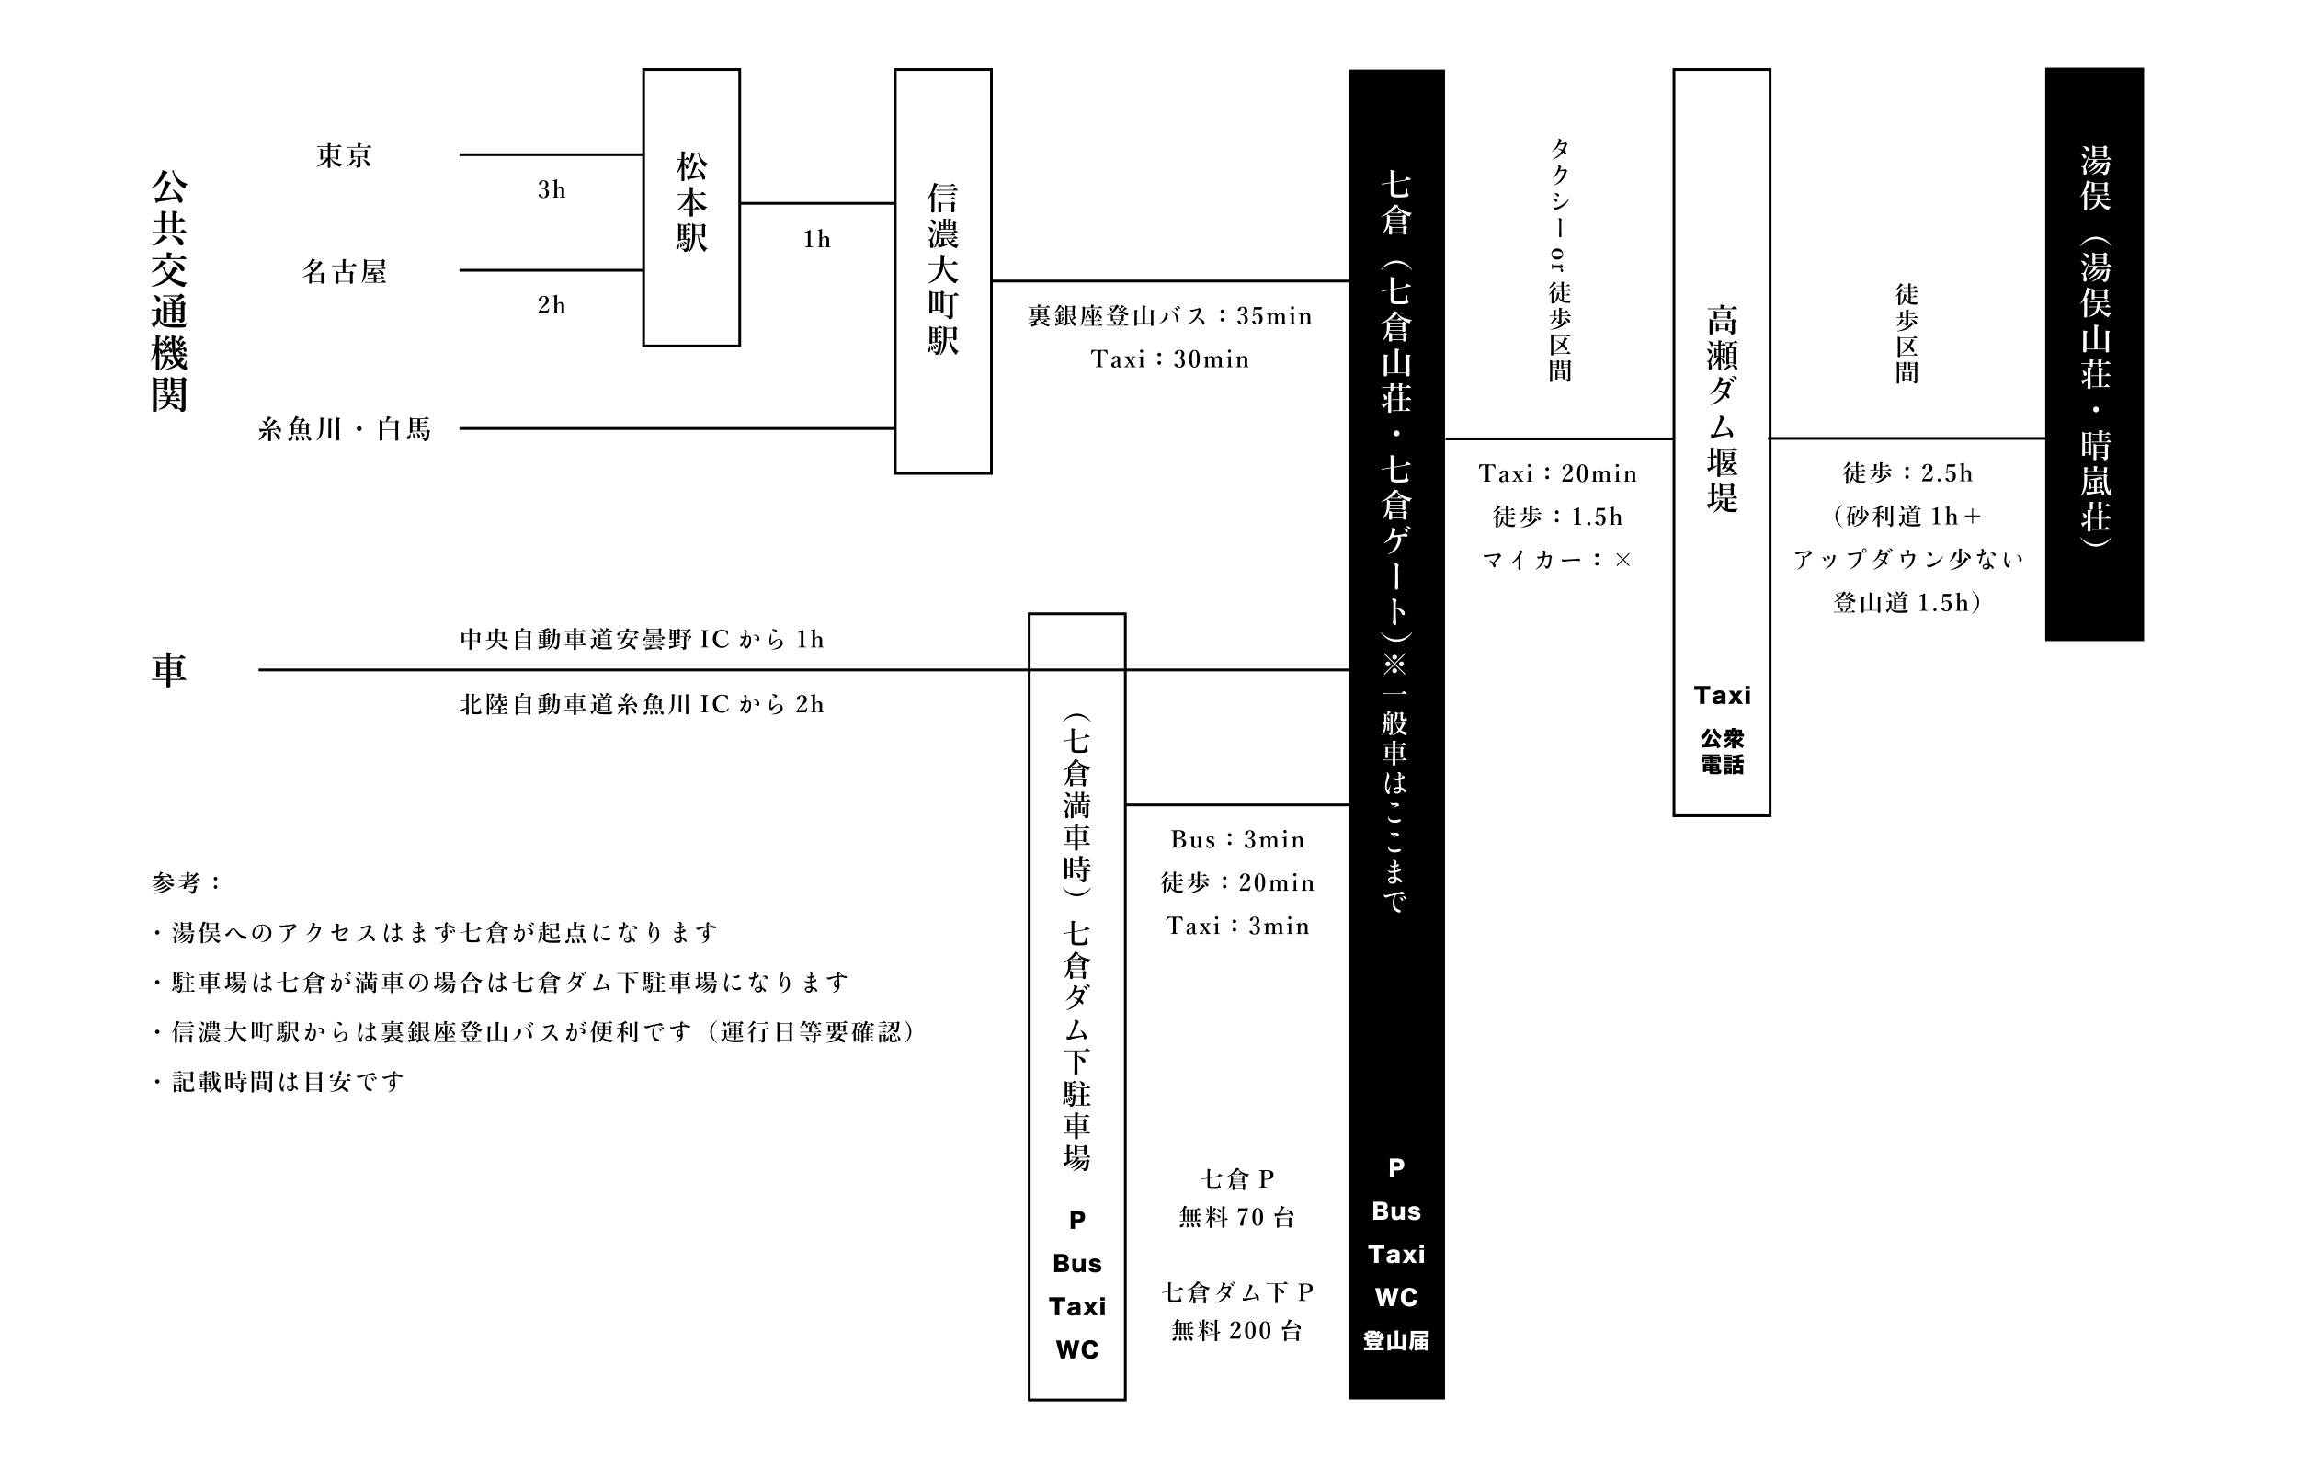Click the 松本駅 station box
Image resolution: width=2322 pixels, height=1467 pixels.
tap(690, 207)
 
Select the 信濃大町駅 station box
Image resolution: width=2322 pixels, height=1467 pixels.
tap(942, 270)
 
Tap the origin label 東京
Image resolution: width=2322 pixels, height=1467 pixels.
tap(344, 156)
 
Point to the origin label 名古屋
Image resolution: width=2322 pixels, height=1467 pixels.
tap(344, 272)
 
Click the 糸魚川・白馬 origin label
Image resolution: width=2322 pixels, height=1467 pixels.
tap(344, 429)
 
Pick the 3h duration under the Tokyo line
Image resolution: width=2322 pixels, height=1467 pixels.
tap(552, 190)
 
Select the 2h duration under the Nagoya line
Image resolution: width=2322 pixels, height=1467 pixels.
tap(552, 306)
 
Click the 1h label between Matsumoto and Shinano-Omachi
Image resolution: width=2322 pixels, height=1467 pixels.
tap(817, 239)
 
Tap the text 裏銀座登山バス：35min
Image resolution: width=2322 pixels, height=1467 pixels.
tap(1169, 316)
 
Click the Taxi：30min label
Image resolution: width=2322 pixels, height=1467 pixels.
tap(1169, 359)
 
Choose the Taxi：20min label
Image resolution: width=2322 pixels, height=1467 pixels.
tap(1557, 473)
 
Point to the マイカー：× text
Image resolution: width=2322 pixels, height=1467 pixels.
tap(1557, 561)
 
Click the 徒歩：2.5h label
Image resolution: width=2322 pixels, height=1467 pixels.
tap(1907, 473)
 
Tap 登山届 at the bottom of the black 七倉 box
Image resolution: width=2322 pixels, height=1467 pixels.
tap(1395, 1341)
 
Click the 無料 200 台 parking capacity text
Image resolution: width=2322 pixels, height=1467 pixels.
tap(1237, 1332)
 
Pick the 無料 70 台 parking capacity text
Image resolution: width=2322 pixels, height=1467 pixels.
tap(1237, 1218)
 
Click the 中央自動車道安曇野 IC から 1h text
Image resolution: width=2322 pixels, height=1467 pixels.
tap(642, 640)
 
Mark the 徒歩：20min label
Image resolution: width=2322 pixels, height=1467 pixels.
tap(1237, 882)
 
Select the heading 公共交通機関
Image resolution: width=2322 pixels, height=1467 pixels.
tap(169, 290)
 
